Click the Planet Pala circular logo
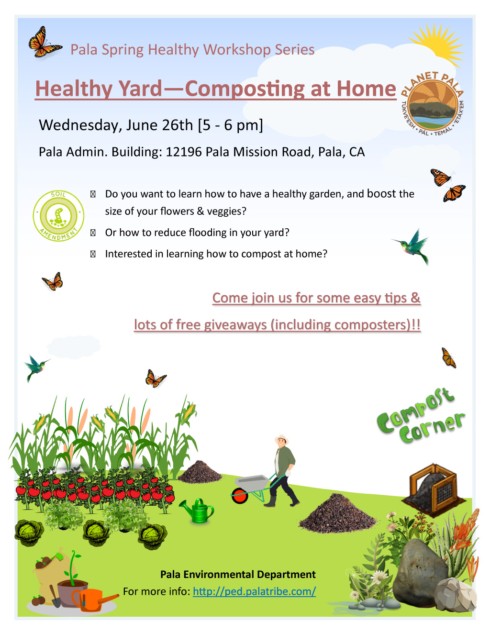(432, 104)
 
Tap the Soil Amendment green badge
(58, 216)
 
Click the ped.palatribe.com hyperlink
(254, 591)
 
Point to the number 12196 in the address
(184, 152)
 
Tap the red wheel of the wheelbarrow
(240, 496)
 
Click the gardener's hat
(282, 439)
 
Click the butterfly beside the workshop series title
(45, 42)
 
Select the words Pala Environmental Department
(238, 574)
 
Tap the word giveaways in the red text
(235, 325)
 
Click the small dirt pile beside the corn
(200, 472)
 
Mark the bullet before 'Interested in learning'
(93, 254)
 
